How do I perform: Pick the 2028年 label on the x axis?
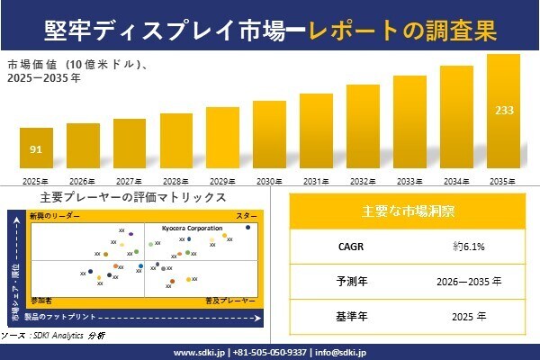175,181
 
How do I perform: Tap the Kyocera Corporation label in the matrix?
193,229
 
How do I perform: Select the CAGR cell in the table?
346,245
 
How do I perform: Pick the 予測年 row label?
346,281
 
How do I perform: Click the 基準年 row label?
346,316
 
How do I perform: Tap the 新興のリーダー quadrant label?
55,217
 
